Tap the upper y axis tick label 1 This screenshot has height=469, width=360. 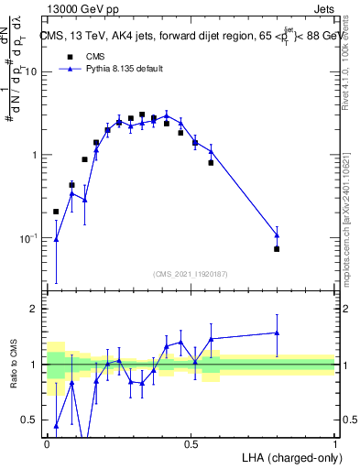36,155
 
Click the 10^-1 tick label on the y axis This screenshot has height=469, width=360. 31,238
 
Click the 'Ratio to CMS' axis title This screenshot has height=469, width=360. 14,364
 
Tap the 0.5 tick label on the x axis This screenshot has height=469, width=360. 191,442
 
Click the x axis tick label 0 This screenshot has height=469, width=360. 47,442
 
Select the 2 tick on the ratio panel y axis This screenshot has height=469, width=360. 36,309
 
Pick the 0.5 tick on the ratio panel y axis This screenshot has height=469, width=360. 33,420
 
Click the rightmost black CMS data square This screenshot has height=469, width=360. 277,249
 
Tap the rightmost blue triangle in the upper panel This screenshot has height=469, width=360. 277,235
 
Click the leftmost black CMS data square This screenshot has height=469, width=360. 56,212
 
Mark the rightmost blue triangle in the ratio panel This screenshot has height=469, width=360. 277,333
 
